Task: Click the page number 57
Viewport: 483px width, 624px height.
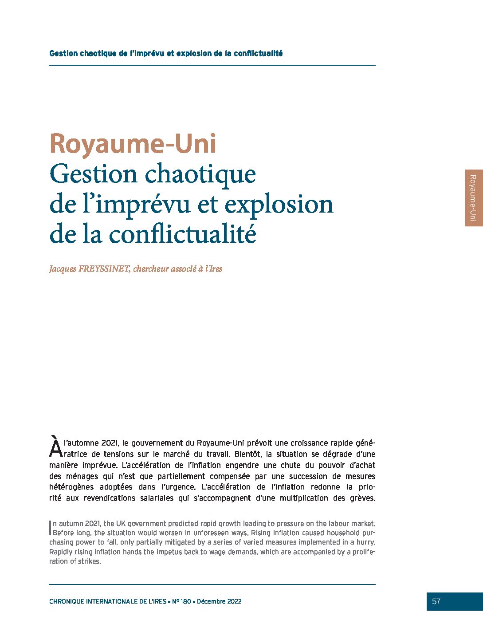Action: pos(436,601)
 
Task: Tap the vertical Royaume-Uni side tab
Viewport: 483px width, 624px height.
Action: pos(473,198)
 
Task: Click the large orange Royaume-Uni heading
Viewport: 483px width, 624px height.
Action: pos(133,144)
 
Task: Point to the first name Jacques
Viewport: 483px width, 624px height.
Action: pos(63,269)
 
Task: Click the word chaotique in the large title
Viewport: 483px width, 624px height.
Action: pos(200,174)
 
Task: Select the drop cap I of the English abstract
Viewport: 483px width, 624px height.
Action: pos(50,527)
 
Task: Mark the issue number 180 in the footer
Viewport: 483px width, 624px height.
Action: pos(186,602)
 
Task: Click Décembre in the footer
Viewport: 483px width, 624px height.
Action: pos(211,602)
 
